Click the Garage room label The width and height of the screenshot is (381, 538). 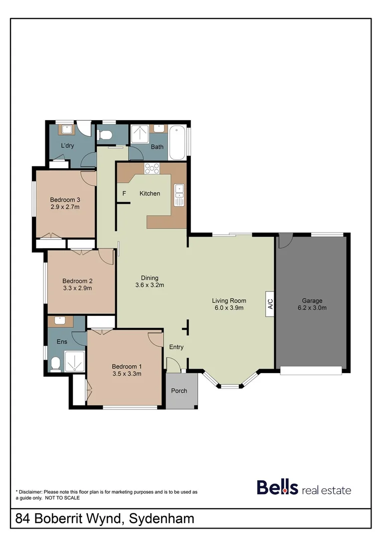(312, 300)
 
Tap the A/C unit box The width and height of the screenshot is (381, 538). (269, 304)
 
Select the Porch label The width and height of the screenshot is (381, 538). (179, 391)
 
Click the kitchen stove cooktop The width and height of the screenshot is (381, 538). (151, 169)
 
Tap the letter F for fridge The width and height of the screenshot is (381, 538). (124, 193)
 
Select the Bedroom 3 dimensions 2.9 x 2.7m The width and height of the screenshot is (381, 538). (65, 207)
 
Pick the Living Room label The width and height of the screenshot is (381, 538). (229, 300)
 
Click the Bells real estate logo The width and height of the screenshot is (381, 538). (304, 488)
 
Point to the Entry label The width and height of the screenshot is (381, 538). (177, 347)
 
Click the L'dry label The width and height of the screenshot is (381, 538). (68, 146)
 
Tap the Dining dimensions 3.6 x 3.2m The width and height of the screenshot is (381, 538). (150, 285)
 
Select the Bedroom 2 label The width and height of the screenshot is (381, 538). (77, 280)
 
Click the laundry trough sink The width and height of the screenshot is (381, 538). (66, 130)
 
